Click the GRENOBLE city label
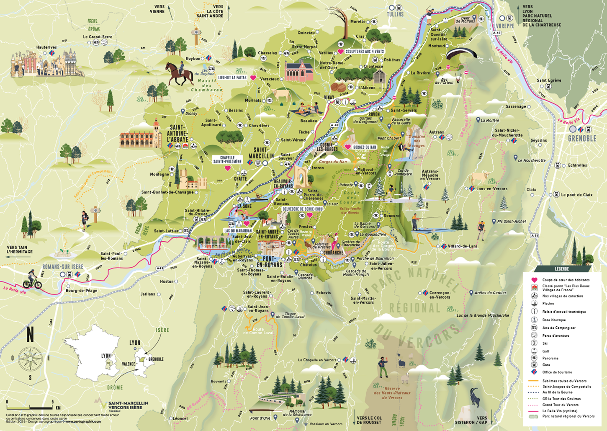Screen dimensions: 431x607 click(582, 139)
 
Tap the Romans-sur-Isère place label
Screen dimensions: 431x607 click(63, 267)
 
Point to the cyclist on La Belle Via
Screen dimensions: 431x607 click(32, 279)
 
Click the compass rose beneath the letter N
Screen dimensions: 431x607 click(30, 359)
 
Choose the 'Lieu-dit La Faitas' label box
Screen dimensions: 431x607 click(232, 78)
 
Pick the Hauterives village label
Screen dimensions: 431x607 click(46, 47)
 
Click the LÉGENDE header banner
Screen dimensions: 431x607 click(562, 269)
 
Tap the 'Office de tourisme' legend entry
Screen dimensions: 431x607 click(557, 372)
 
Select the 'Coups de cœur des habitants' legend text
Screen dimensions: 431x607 click(566, 280)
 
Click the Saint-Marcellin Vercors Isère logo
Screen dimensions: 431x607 click(123, 405)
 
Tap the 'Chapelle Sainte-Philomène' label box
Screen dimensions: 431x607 click(227, 160)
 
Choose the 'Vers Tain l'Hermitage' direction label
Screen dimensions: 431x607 click(20, 250)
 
